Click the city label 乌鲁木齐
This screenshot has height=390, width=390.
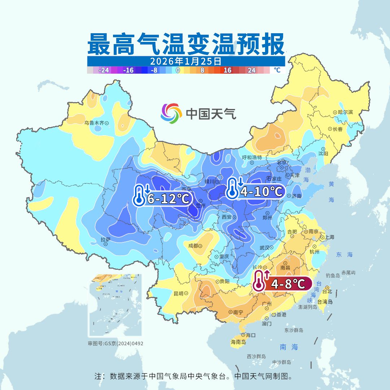[94, 123]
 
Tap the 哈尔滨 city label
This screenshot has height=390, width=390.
[345, 112]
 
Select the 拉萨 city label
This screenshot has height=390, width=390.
[105, 239]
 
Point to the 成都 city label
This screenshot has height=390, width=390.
[193, 246]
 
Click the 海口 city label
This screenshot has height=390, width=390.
[251, 335]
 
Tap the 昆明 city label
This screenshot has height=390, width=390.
[179, 293]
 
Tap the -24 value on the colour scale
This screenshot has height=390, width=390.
[104, 70]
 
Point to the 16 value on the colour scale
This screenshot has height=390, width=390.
[227, 70]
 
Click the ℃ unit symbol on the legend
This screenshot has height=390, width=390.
[277, 70]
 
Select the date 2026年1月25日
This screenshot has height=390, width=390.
[186, 61]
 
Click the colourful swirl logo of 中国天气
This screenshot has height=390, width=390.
[171, 113]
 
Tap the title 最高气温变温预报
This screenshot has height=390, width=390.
[186, 44]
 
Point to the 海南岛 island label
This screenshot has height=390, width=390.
[238, 342]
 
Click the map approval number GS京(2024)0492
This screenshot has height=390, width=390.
[116, 343]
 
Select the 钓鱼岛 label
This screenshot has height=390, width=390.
[333, 276]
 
